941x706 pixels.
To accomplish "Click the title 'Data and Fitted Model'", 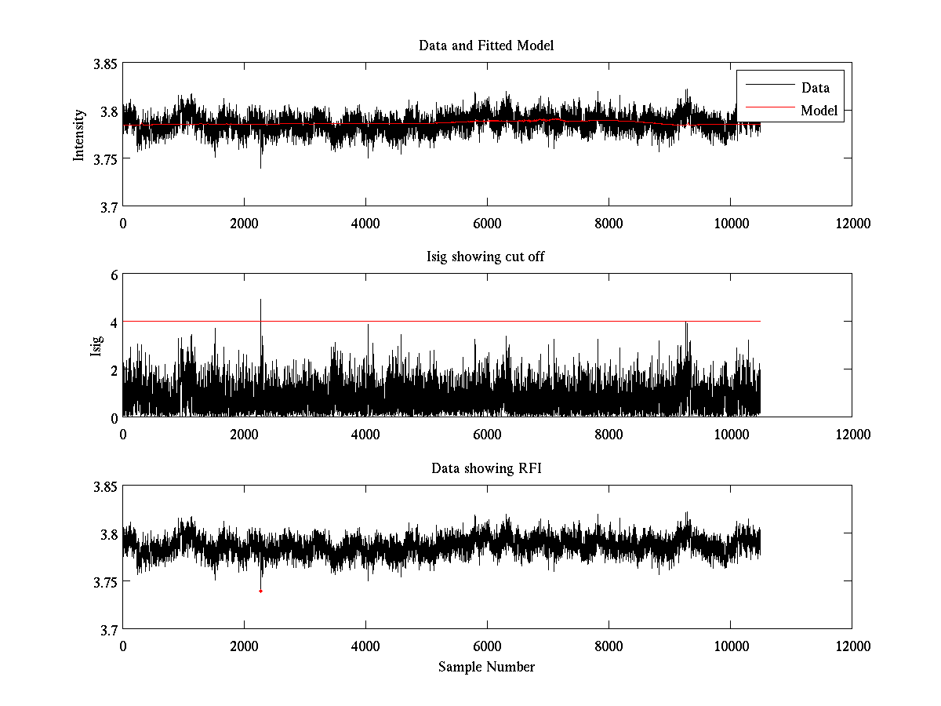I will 486,45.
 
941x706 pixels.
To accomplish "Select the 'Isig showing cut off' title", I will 486,257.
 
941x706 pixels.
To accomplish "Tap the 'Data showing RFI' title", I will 486,468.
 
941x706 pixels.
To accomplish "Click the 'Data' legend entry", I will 815,88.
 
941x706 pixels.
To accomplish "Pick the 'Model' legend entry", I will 819,111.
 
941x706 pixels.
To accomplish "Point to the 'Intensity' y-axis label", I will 78,135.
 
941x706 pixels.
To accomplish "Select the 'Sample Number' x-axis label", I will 486,667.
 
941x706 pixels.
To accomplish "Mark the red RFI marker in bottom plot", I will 260,591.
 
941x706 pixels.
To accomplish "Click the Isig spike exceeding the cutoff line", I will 260,302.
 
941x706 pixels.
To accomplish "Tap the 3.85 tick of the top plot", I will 105,64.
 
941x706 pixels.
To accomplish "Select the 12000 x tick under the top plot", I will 852,224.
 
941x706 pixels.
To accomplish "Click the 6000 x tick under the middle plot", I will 487,435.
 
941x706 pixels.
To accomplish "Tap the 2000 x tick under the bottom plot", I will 244,646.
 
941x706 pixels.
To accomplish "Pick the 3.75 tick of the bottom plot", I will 105,582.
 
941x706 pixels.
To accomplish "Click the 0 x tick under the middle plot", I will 123,435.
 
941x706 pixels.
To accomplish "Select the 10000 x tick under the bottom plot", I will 730,646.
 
